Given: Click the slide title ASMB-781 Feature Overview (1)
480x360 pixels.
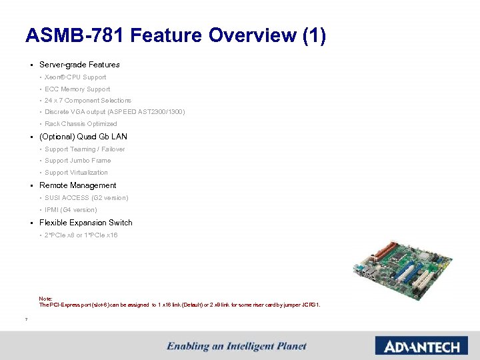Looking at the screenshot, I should click(175, 35).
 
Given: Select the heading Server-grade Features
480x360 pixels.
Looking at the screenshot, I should click(79, 65).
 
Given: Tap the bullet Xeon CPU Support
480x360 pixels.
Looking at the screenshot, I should click(75, 77).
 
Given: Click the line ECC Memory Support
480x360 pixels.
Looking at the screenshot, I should click(77, 89).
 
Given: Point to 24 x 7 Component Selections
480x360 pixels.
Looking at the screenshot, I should click(88, 100).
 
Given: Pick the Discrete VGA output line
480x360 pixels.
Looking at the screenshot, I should click(115, 111).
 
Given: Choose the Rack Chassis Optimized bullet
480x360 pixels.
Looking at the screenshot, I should click(81, 123).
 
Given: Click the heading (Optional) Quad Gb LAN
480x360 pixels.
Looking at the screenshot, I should click(83, 137).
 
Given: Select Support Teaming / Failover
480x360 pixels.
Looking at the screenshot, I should click(85, 149).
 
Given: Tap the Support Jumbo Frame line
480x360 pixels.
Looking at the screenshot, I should click(77, 161).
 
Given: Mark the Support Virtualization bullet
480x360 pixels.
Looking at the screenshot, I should click(76, 173).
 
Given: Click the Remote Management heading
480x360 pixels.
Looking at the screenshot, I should click(77, 185).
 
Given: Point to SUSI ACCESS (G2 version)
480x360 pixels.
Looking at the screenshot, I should click(87, 198).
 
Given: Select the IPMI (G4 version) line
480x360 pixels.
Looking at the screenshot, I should click(71, 210).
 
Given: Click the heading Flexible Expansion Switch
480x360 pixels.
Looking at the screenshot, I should click(85, 223).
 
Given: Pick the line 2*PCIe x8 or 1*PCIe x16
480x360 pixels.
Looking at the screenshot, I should click(81, 235).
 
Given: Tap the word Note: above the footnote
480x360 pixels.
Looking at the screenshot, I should click(45, 299).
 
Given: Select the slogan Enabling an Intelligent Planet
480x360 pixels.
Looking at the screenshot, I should click(237, 346).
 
